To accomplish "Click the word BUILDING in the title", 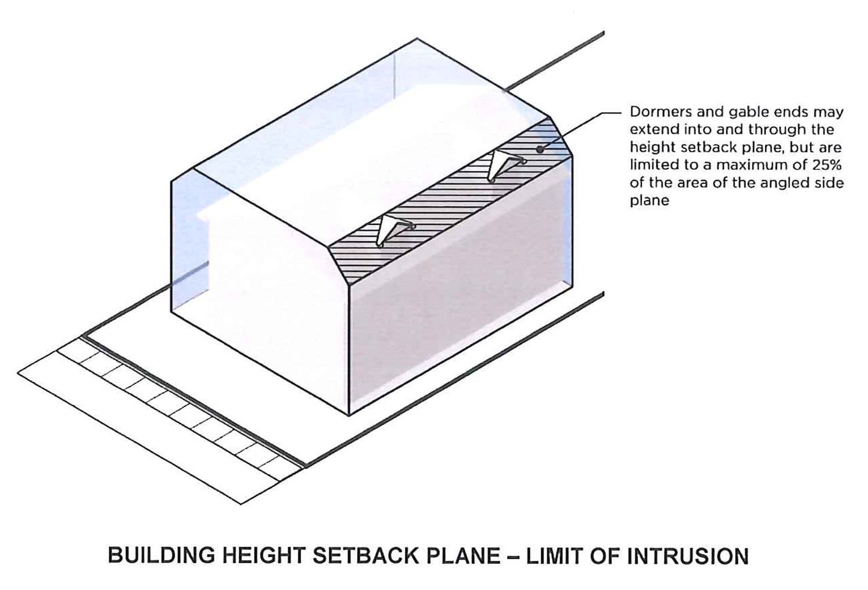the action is point(161,556).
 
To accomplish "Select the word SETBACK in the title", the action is point(366,556).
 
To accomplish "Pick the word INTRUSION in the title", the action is point(688,556).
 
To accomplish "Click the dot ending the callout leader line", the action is point(539,149).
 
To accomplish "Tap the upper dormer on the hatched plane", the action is point(504,165).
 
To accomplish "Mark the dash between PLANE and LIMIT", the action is point(512,556).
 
